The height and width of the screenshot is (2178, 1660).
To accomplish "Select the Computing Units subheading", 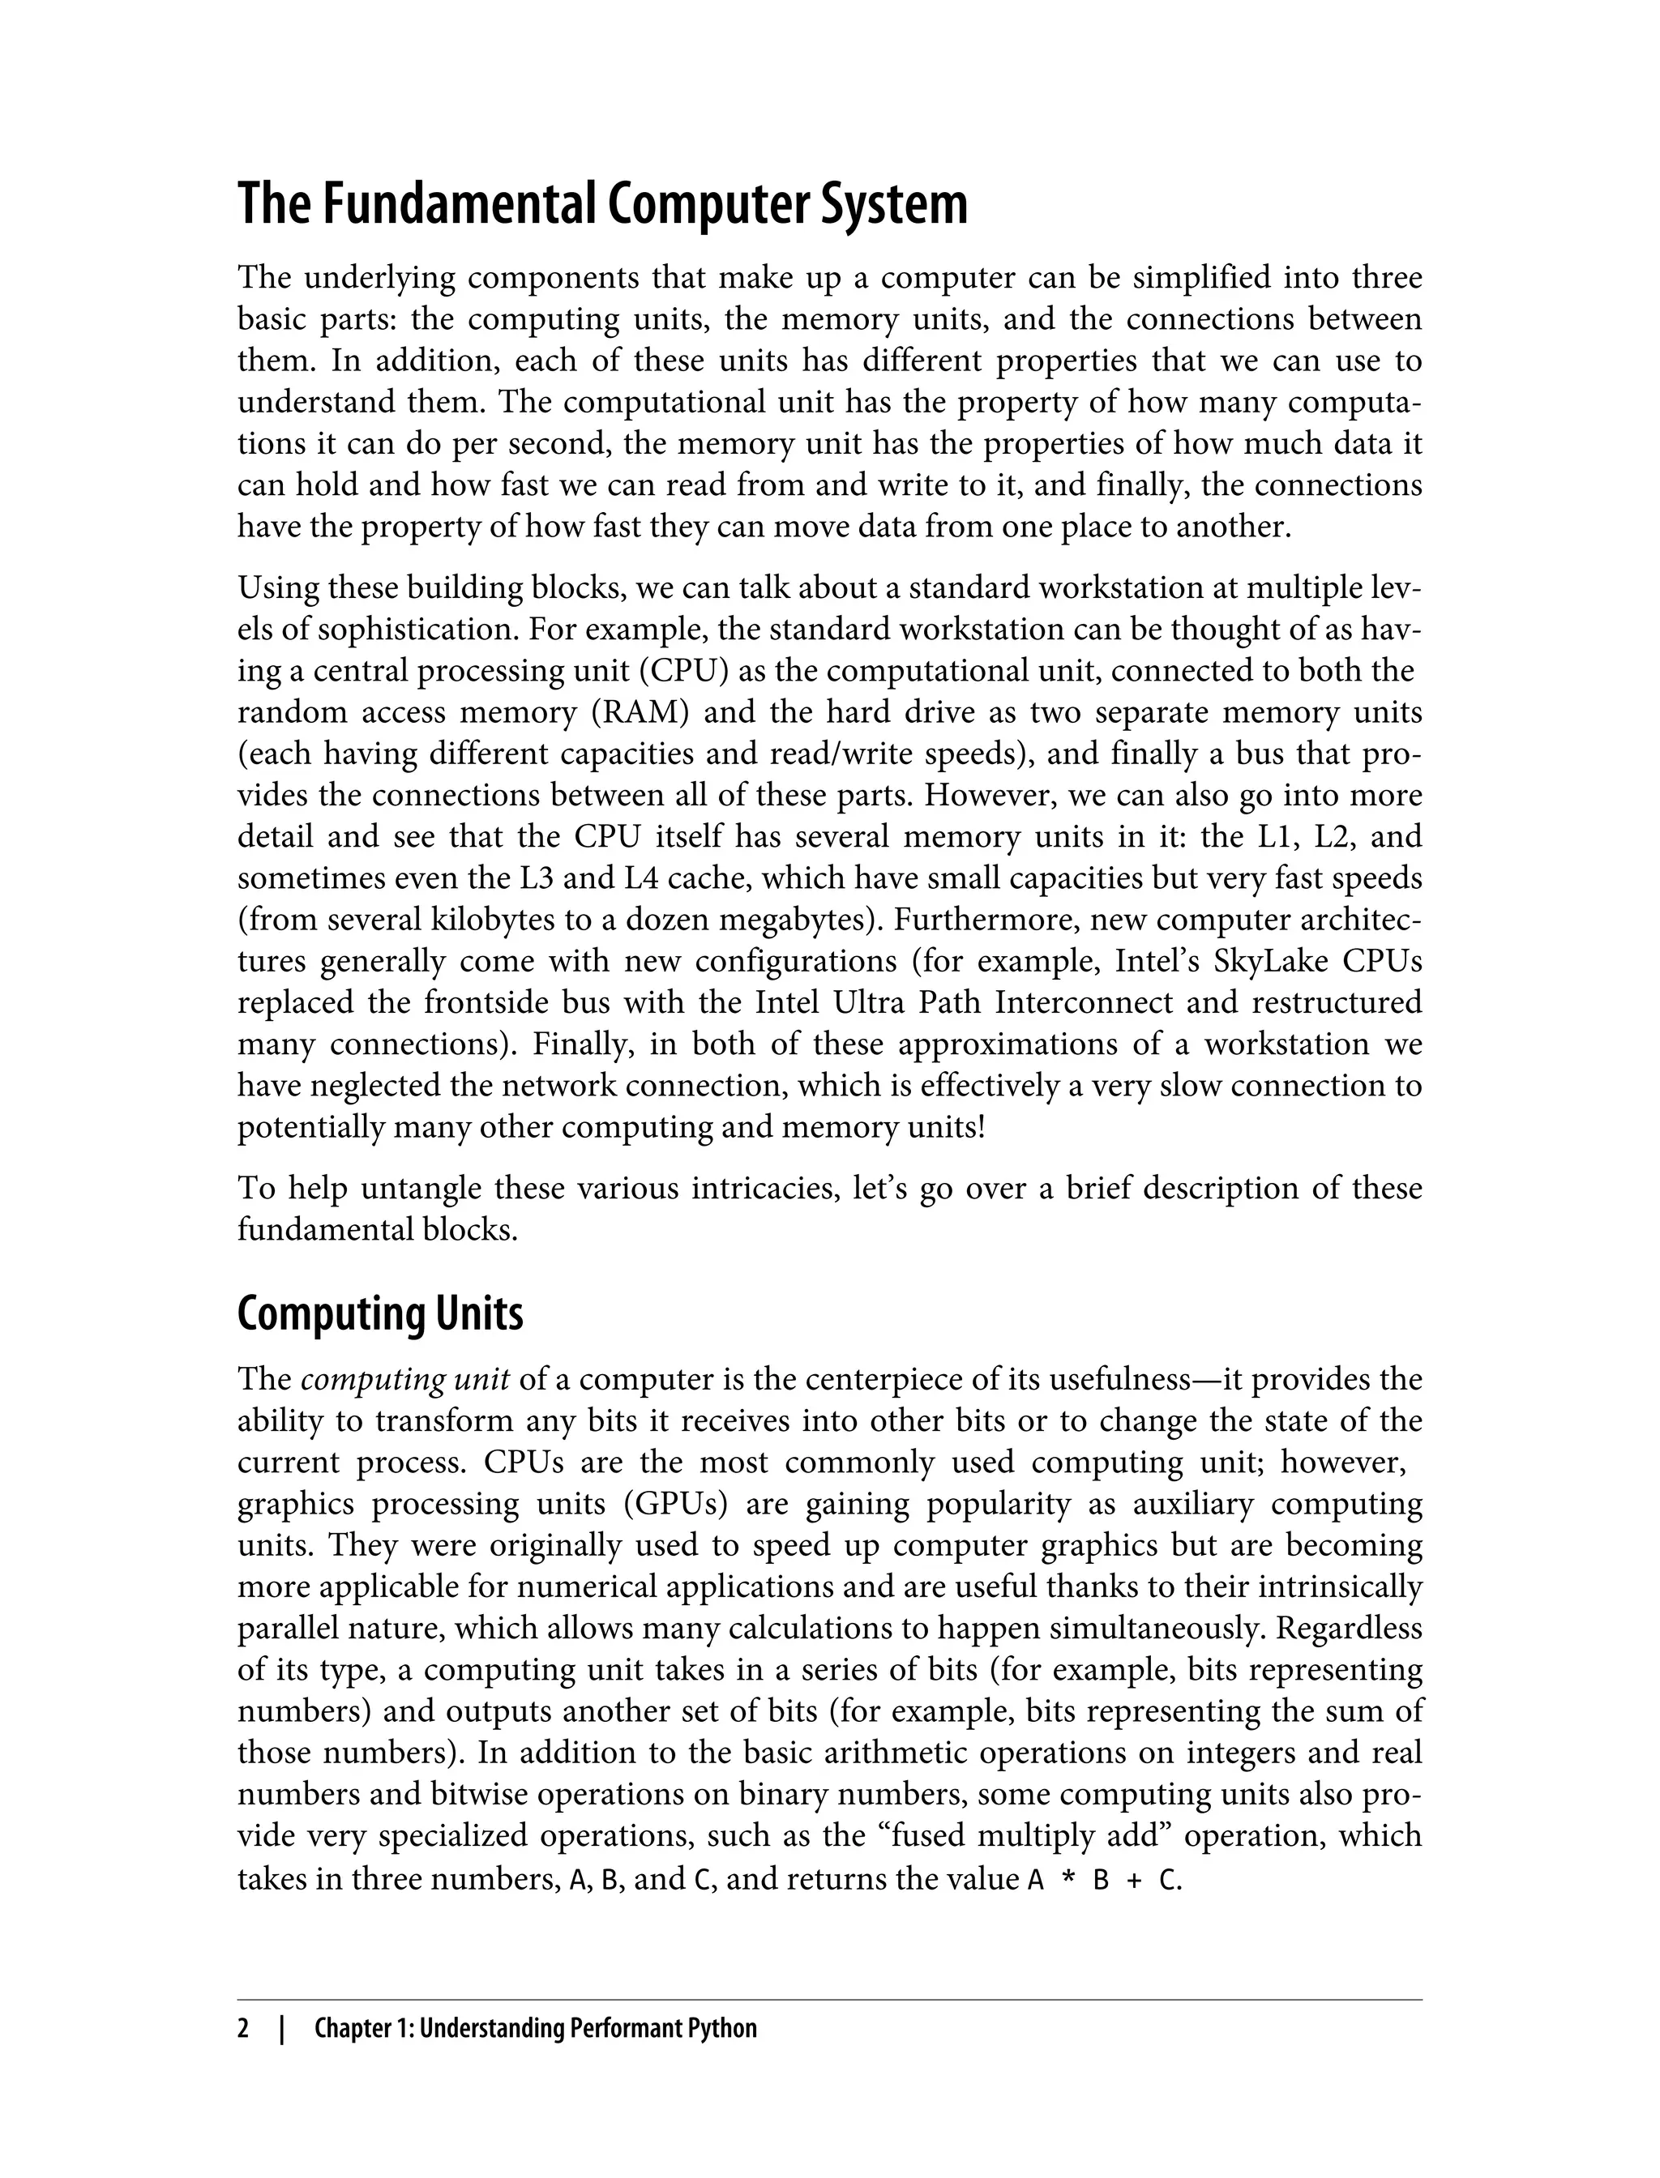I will click(x=380, y=1313).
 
